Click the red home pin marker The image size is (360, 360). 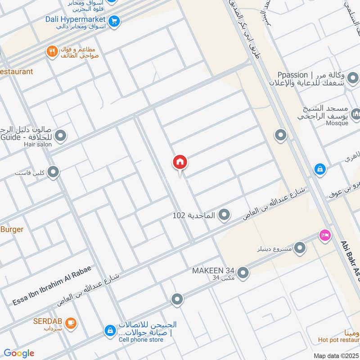[180, 162]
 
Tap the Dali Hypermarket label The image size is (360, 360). [75, 19]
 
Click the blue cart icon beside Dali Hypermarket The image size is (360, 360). [114, 20]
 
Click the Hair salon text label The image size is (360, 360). [38, 144]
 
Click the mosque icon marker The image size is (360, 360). [355, 114]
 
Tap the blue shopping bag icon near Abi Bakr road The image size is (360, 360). [319, 169]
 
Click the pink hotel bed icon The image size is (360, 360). [324, 234]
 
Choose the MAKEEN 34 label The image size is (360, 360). [213, 271]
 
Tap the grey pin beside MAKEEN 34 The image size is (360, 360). [243, 273]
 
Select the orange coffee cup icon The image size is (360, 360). [70, 323]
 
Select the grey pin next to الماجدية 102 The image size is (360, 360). [224, 216]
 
